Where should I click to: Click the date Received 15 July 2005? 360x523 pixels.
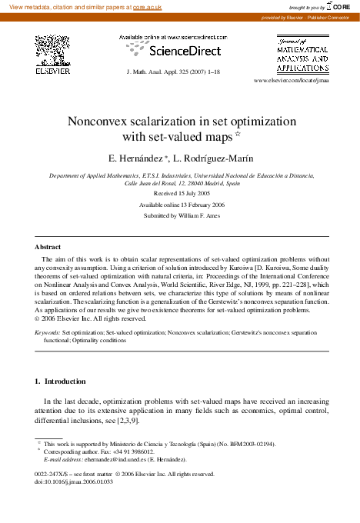[x=179, y=195]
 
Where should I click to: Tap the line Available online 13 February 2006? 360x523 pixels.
[x=179, y=207]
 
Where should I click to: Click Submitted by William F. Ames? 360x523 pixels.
[x=179, y=218]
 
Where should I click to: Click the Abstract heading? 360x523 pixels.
[x=48, y=247]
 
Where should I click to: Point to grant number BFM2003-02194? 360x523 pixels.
[x=248, y=444]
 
